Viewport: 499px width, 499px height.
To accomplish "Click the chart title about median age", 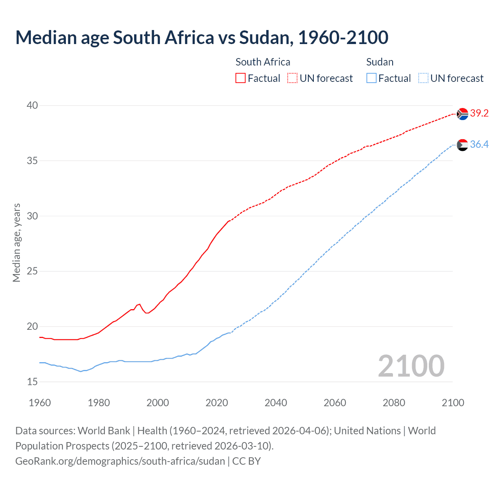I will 202,38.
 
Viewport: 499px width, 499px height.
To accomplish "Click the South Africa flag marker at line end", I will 462,114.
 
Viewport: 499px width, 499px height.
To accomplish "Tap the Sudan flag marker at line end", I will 462,145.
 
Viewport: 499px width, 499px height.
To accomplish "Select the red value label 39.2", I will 479,113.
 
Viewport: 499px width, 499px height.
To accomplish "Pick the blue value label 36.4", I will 479,145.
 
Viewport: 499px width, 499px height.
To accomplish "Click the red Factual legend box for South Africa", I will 241,78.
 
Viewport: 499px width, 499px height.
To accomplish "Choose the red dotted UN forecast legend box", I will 292,78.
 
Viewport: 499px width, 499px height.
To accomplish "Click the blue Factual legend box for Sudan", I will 372,78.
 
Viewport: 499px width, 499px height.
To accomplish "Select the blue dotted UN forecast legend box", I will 423,78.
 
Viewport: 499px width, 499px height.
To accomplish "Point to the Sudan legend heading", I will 380,62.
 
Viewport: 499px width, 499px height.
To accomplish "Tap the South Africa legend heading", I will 263,62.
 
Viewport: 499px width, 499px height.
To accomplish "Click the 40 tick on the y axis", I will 32,105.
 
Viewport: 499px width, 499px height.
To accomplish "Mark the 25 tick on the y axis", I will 32,271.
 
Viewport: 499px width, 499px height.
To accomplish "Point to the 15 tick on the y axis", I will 32,382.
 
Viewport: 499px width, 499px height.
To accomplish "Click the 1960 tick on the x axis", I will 40,403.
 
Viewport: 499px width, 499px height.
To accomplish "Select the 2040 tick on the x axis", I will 276,403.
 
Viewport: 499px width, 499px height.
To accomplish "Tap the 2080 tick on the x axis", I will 394,403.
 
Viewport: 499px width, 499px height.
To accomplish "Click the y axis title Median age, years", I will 16,242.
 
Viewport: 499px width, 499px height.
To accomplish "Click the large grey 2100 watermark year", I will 411,366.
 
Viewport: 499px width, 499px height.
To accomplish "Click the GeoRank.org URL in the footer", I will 120,461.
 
